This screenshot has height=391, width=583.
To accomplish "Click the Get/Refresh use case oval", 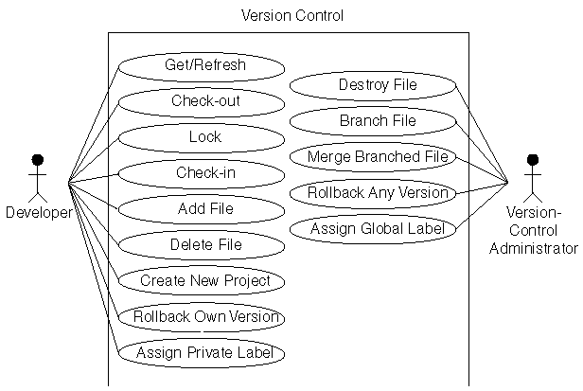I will [x=201, y=66].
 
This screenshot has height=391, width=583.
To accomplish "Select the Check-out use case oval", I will [x=201, y=101].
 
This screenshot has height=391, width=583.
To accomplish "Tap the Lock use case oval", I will [x=201, y=137].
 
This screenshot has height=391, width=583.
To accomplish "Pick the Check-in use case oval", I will [x=201, y=173].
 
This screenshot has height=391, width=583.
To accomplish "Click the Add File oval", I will [x=201, y=209].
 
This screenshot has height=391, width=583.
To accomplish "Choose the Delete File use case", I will [x=201, y=245].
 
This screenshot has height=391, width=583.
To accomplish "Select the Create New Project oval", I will [x=201, y=281].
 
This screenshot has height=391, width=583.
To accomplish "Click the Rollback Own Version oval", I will [x=201, y=317].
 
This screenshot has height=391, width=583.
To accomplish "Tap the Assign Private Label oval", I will [x=201, y=353].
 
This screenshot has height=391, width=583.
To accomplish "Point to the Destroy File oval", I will [x=373, y=85].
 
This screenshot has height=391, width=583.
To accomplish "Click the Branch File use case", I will [x=373, y=121].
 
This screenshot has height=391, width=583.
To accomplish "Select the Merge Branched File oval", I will [x=373, y=156].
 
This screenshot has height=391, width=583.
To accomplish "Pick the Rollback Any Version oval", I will [x=373, y=192].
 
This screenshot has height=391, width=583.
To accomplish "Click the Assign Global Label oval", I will [x=373, y=228].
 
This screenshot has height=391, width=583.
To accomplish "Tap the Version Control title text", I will [x=292, y=15].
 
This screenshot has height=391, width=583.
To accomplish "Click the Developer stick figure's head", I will [x=38, y=159].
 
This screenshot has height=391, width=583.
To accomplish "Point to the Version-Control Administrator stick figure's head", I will [x=532, y=159].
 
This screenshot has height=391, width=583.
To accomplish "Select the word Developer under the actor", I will [x=39, y=213].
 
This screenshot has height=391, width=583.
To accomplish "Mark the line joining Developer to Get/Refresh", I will [x=93, y=124].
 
